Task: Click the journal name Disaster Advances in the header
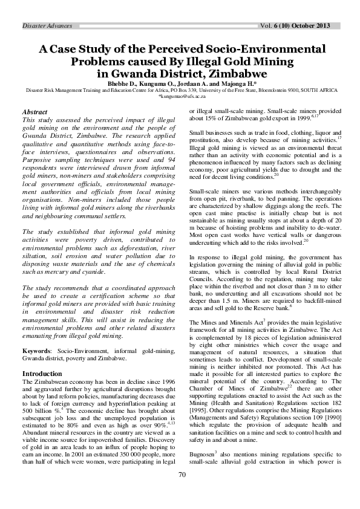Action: pos(47,26)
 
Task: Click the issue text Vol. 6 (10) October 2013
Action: pos(296,26)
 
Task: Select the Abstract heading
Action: pos(34,112)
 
